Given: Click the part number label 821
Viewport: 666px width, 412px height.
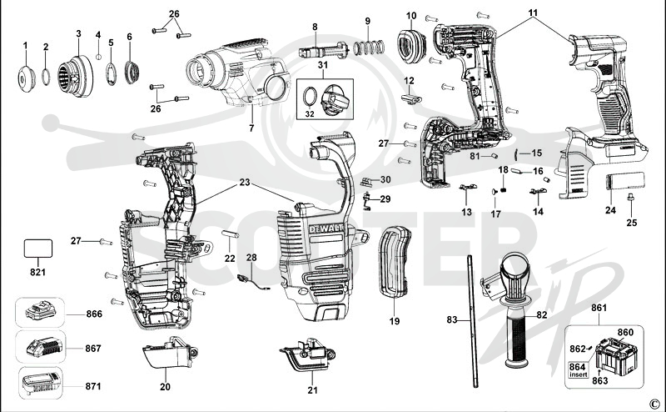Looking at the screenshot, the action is point(37,272).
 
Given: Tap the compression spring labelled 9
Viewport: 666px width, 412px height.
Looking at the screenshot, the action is point(369,48).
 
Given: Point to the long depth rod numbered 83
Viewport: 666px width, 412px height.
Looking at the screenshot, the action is point(473,320).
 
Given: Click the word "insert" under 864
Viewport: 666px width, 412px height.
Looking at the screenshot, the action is point(579,374).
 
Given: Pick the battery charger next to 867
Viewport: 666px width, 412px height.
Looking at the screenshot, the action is point(44,347).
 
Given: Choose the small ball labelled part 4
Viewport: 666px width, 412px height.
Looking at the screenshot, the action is point(98,57).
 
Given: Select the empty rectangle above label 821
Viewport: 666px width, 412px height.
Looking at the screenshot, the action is point(38,249).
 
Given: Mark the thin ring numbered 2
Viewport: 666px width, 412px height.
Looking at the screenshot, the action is point(46,77).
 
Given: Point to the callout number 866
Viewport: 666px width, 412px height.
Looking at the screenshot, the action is point(94,314).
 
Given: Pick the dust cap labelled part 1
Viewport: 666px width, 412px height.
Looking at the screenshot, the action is point(26,78).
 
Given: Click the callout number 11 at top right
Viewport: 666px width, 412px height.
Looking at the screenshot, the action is point(533,13).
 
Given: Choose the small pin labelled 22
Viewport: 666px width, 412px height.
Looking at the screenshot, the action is point(231,234).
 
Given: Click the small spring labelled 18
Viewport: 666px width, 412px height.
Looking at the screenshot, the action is point(504,188).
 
